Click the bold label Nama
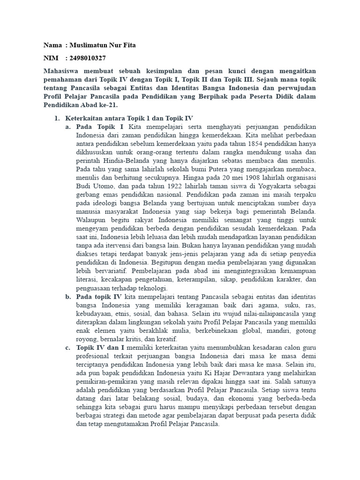[52, 45]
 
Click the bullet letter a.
[68, 127]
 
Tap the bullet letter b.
[68, 296]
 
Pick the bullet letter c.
[68, 347]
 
